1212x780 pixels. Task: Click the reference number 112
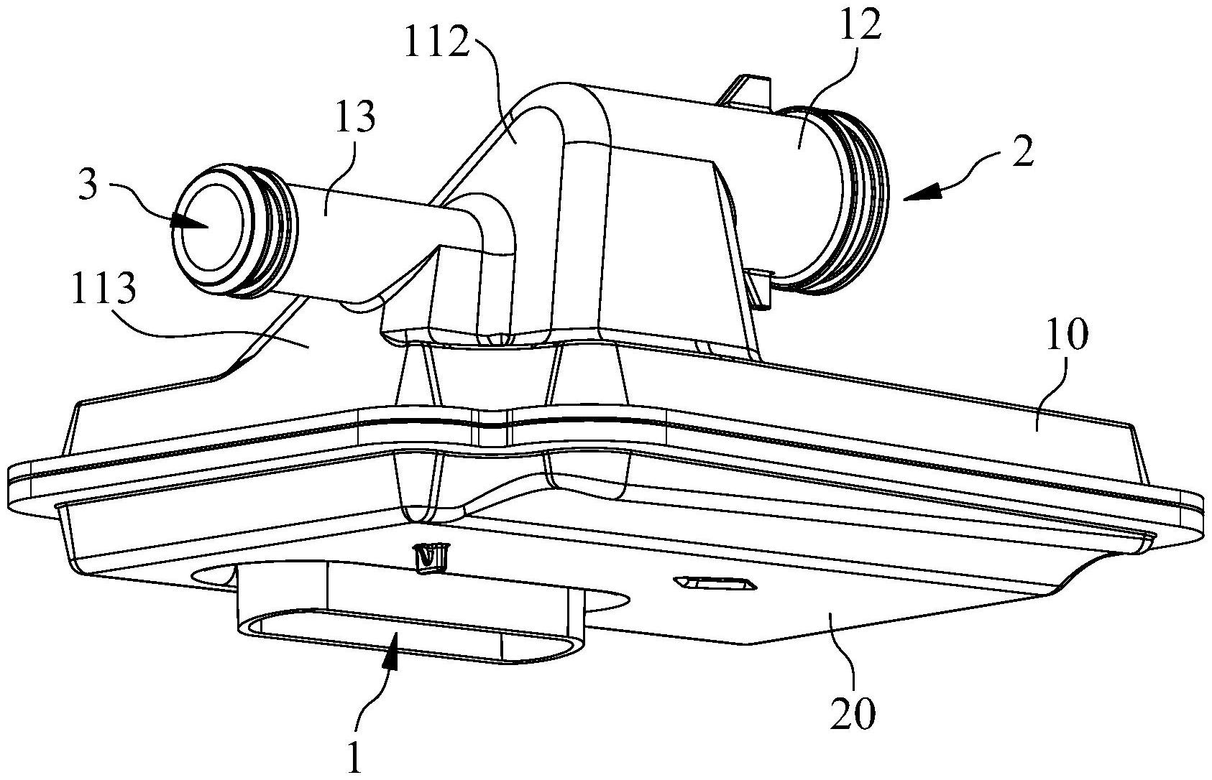[x=438, y=40]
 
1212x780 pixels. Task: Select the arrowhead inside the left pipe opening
[x=189, y=223]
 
